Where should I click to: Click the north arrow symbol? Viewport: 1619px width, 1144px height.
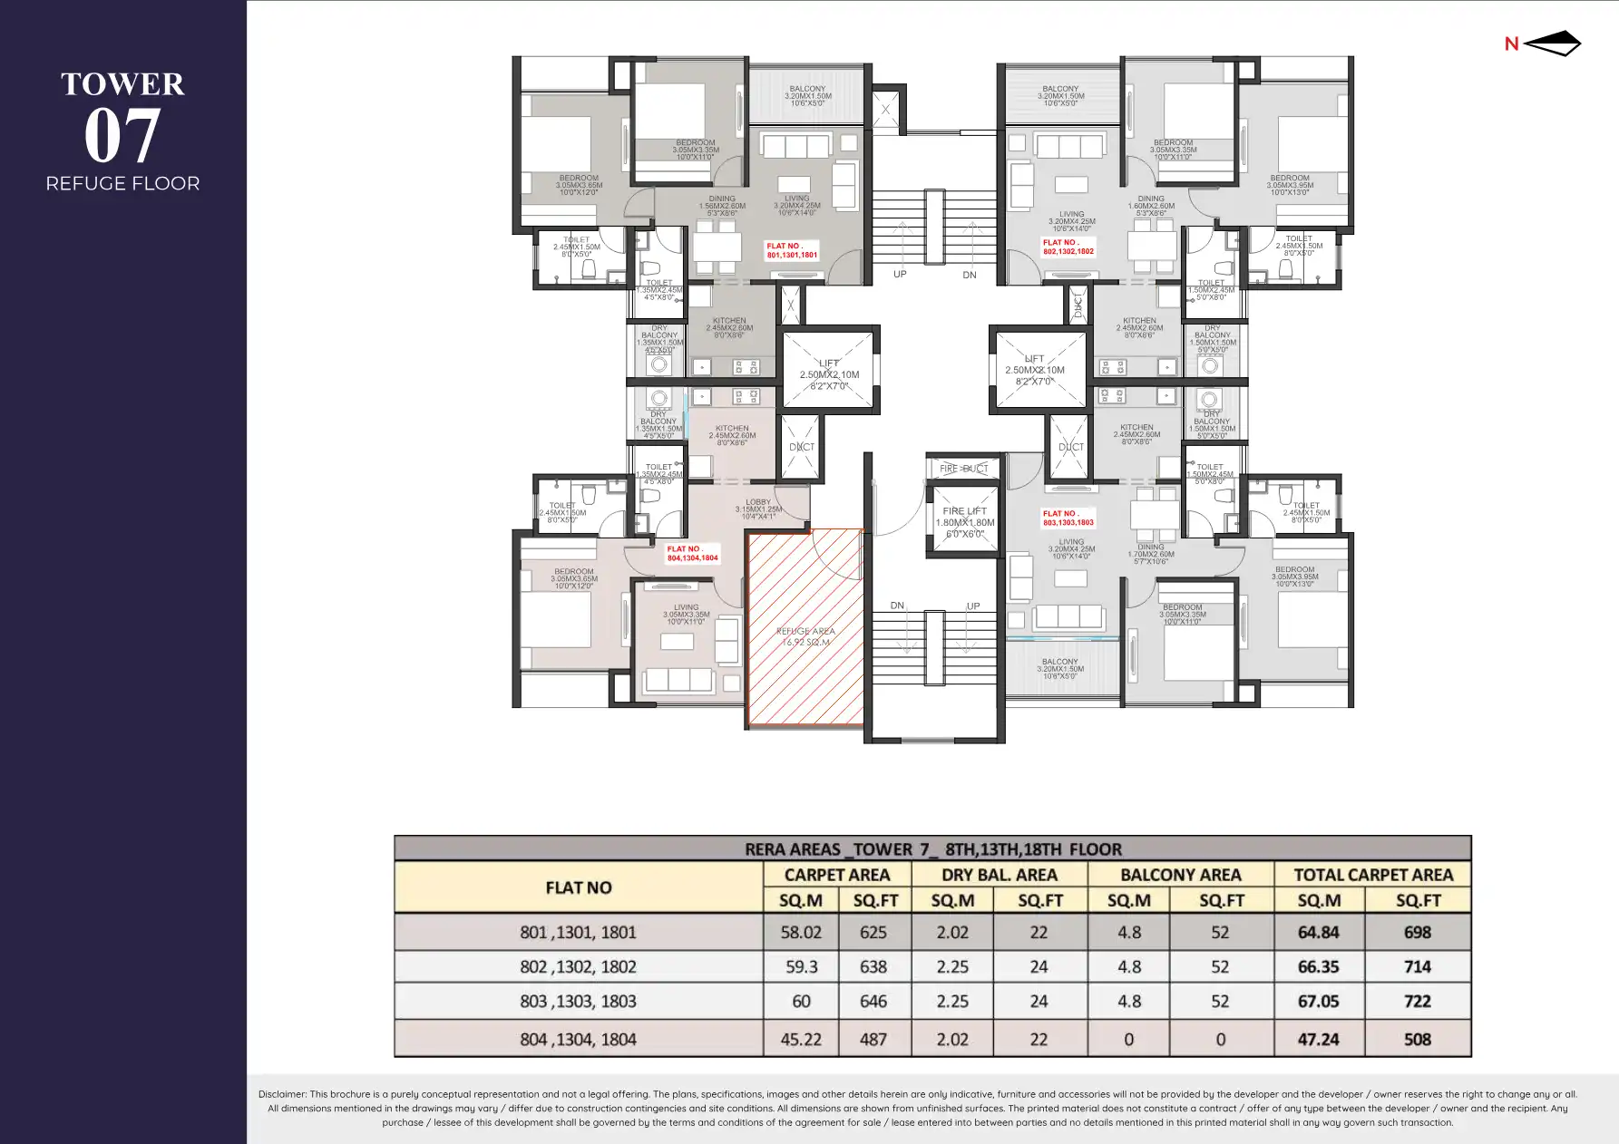[x=1552, y=44]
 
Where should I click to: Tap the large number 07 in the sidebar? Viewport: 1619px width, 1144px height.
[x=122, y=136]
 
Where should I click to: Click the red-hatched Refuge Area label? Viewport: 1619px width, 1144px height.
[x=805, y=636]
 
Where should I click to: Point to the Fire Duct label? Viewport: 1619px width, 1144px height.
[x=963, y=469]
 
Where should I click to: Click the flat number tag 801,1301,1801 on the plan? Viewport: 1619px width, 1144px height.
[x=792, y=250]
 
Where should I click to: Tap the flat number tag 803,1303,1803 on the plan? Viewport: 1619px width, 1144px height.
[x=1068, y=518]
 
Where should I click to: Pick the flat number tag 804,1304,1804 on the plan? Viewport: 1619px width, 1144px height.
[x=692, y=553]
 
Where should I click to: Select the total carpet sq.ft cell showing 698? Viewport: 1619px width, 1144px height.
[x=1417, y=932]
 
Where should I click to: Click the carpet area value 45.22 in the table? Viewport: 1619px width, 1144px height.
[x=800, y=1040]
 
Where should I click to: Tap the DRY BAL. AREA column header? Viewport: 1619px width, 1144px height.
[x=999, y=875]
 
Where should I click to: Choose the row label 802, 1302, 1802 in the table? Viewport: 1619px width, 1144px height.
[x=578, y=967]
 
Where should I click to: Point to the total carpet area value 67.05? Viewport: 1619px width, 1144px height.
[x=1318, y=1002]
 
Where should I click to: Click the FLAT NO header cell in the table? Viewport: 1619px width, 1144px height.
[x=578, y=887]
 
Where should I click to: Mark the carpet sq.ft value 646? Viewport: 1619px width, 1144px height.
[x=873, y=1002]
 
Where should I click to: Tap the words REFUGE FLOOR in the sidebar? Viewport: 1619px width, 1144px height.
[x=122, y=183]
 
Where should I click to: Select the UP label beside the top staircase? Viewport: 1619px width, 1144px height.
[x=900, y=274]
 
